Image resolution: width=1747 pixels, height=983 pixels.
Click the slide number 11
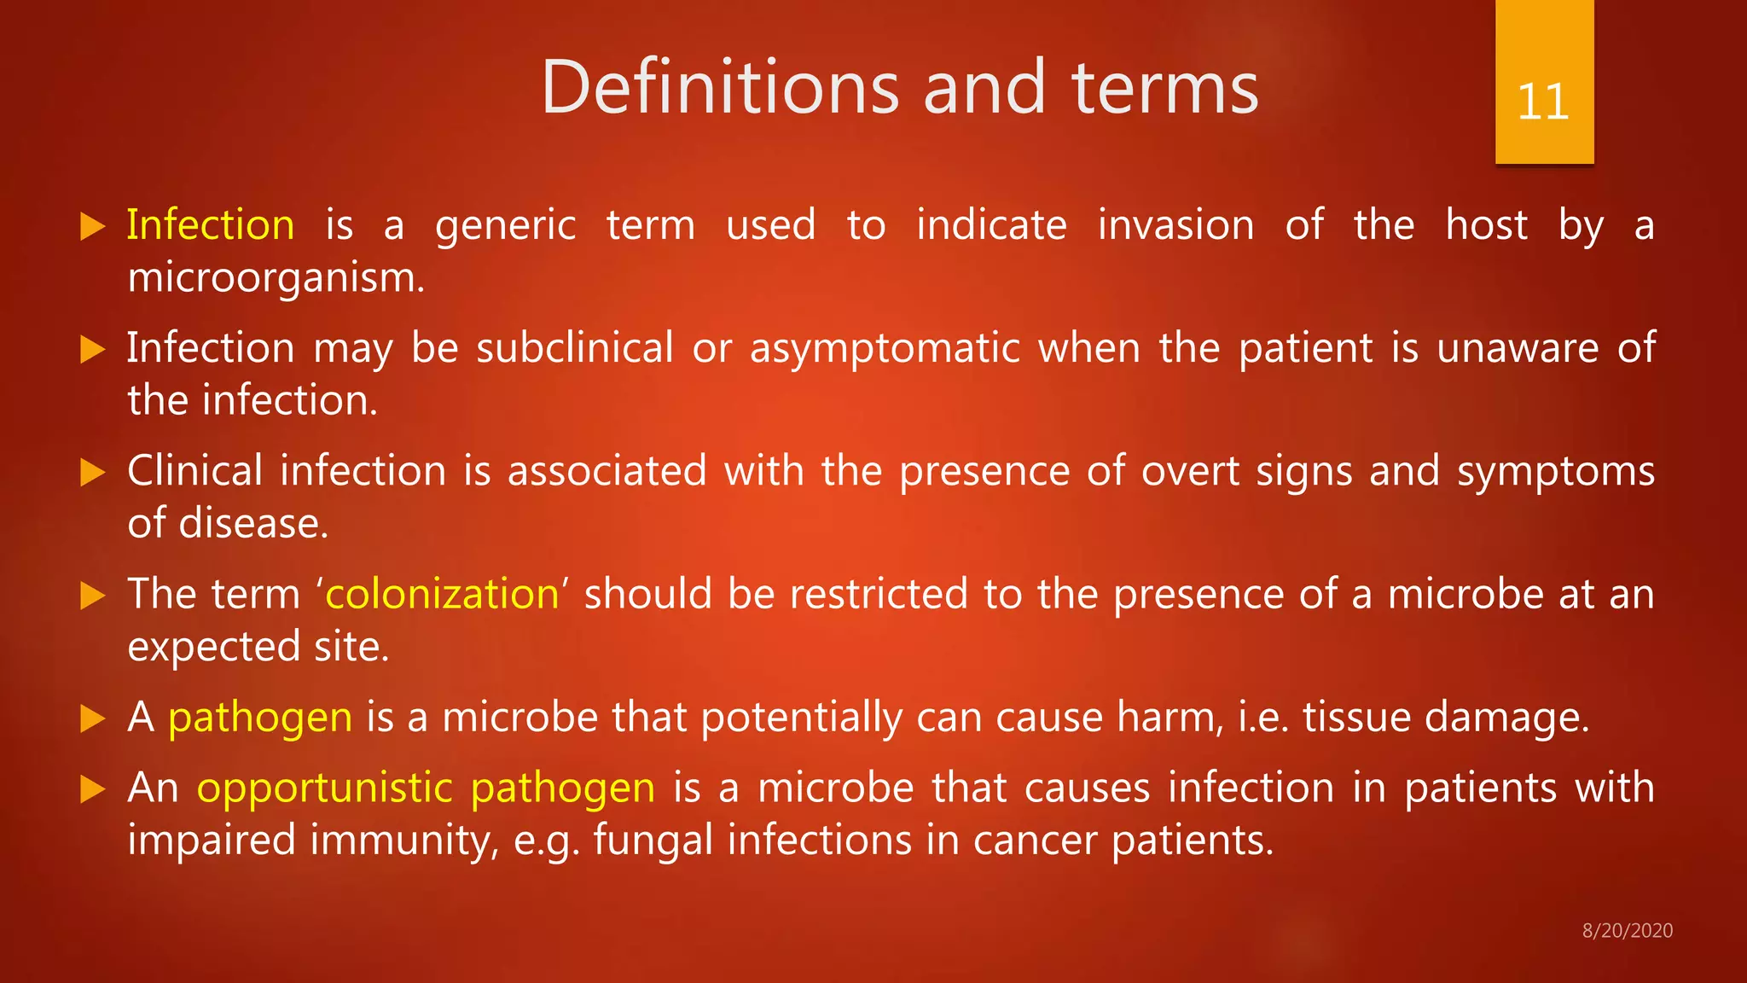pos(1543,102)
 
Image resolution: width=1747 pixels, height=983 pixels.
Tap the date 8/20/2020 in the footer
pos(1627,931)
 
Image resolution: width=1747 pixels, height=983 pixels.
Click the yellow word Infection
pos(211,225)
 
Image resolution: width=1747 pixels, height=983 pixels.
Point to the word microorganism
pos(275,278)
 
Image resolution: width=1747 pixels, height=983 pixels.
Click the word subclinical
pos(575,348)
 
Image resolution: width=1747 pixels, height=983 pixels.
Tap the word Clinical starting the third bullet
pos(194,471)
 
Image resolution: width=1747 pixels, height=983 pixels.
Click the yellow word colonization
pos(442,594)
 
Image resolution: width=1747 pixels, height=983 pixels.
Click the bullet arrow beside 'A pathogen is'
pos(92,718)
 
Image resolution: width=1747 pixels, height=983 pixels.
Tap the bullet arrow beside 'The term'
pos(92,596)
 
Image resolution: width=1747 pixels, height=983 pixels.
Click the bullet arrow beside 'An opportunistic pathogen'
pos(92,789)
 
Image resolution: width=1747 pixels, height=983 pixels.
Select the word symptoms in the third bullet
pos(1555,473)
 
